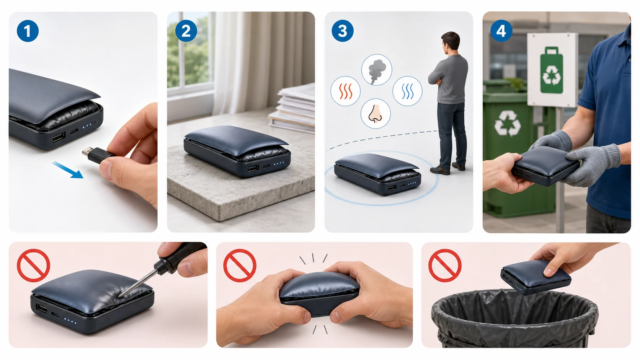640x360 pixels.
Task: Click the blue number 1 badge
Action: tap(28, 31)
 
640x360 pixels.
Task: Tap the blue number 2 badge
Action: tap(186, 31)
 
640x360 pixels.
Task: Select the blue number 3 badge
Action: tap(343, 31)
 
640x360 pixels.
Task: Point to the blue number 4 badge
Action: tap(501, 31)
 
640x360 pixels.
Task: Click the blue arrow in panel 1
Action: tap(68, 170)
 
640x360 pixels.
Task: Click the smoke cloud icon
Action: tap(377, 70)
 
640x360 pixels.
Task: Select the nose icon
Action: tap(376, 114)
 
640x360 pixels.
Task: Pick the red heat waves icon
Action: tap(345, 91)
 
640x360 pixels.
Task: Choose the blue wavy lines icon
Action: tap(407, 91)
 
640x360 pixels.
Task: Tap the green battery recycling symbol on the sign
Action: tap(552, 70)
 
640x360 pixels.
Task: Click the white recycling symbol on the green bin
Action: tap(508, 123)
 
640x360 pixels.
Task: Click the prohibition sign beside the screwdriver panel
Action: tap(33, 266)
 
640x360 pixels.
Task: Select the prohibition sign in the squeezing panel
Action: tap(240, 266)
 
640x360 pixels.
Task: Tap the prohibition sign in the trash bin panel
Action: tap(445, 266)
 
